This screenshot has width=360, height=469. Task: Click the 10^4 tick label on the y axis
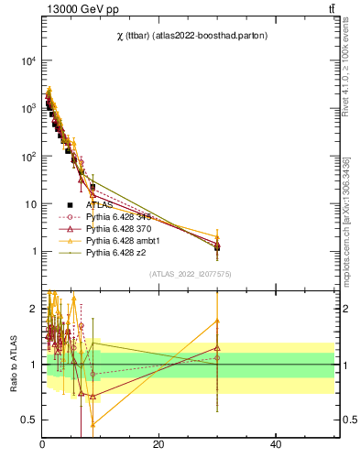28,61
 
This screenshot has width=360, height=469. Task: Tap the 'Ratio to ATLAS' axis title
12,364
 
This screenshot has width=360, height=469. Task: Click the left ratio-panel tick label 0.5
30,420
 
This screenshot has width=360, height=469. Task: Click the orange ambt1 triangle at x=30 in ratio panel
217,321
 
